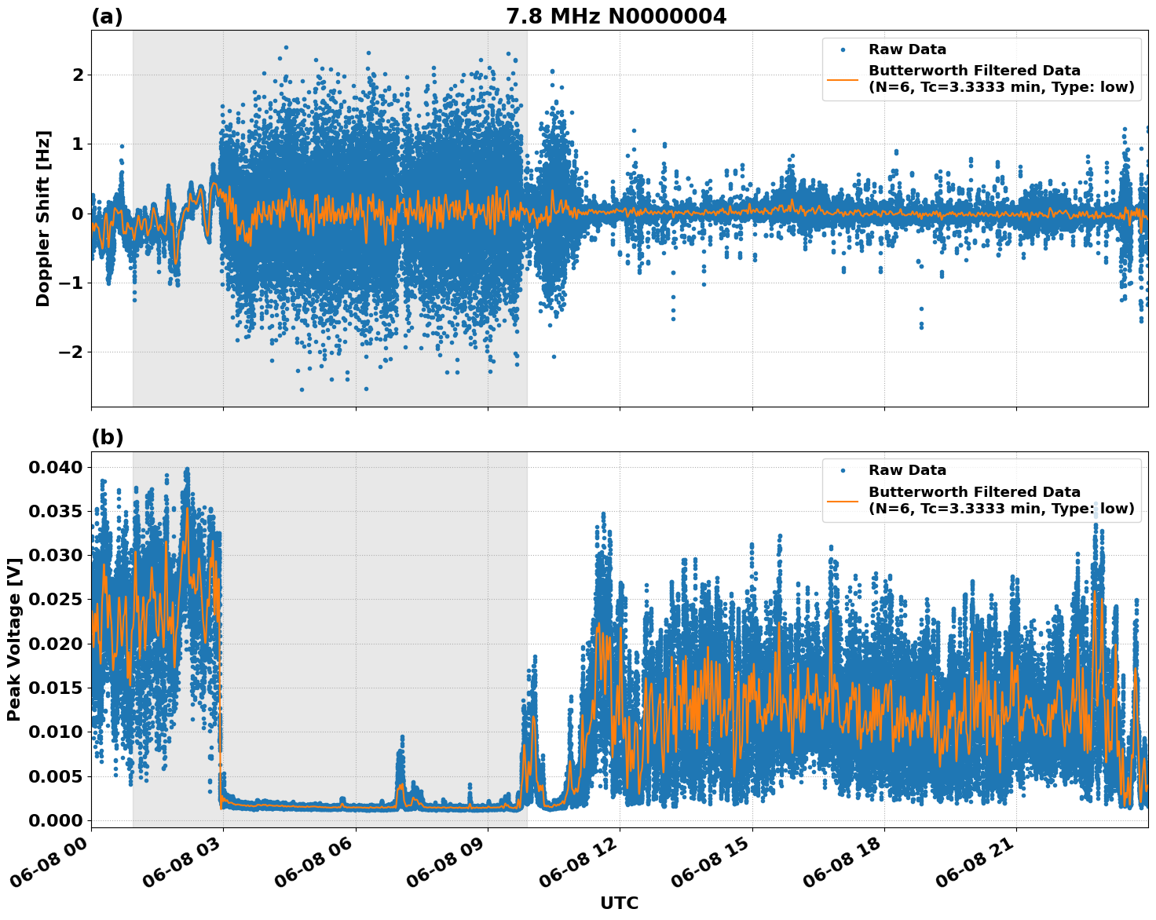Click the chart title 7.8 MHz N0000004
tap(616, 16)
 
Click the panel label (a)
tap(107, 16)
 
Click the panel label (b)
tap(107, 437)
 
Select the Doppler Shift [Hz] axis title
tap(43, 218)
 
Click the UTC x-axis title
tap(619, 903)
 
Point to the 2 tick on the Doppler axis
tap(78, 75)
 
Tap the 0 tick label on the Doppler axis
tap(78, 214)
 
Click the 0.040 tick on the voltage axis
tap(55, 468)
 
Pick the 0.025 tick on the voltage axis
tap(55, 600)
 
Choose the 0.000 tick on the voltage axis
tap(55, 820)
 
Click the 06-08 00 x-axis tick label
tap(53, 862)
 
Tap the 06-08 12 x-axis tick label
tap(582, 862)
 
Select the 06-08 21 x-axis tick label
tap(979, 862)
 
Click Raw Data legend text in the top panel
tap(907, 49)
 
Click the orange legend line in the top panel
tap(843, 78)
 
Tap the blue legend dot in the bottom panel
tap(843, 470)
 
